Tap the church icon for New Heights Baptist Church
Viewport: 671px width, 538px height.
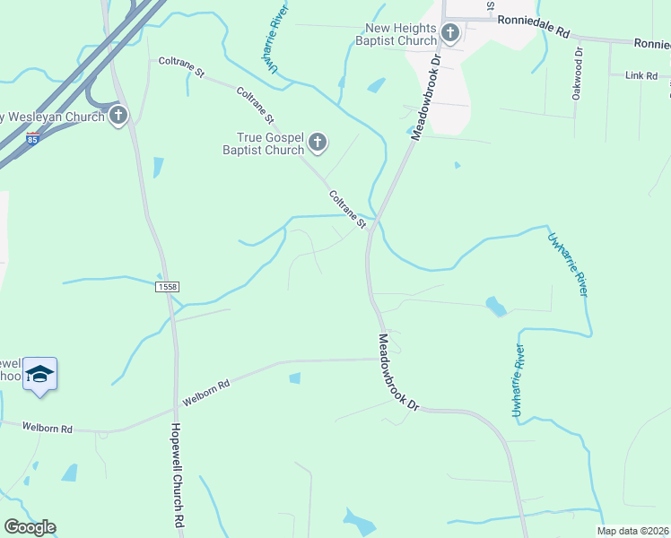tap(450, 34)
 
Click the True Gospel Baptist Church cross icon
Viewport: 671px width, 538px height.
tap(318, 142)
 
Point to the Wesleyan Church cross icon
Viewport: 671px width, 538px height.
tap(118, 116)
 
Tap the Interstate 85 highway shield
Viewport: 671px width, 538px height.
tap(32, 139)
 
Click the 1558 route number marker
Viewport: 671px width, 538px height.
tap(167, 286)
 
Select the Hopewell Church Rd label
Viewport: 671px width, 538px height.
tap(178, 475)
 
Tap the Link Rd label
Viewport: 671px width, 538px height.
tap(641, 76)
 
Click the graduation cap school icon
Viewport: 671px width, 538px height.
tap(39, 373)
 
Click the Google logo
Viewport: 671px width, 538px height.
tap(30, 527)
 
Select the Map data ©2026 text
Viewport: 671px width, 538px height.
tap(633, 531)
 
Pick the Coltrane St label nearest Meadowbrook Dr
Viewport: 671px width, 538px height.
tap(346, 208)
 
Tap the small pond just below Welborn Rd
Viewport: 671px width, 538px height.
tap(295, 377)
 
